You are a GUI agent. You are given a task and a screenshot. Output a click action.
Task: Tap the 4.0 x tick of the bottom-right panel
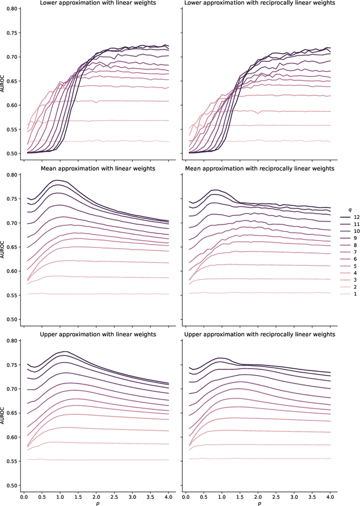coord(330,497)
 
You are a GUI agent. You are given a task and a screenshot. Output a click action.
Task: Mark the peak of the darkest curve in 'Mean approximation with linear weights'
coord(57,180)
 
